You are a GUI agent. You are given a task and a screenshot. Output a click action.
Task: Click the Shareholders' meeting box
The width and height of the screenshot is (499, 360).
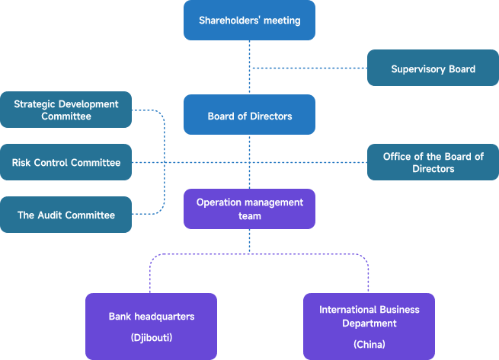click(249, 21)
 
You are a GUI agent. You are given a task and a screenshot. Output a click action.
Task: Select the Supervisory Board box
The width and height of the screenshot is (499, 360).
click(433, 69)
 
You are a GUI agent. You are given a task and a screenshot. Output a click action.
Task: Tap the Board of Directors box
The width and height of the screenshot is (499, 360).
click(249, 116)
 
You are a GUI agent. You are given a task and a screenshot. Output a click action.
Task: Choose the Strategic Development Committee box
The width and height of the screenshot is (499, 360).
click(66, 110)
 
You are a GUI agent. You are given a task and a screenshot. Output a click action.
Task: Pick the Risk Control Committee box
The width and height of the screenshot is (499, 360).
click(66, 162)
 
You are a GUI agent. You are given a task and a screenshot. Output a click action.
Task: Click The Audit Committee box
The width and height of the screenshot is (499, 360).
click(66, 215)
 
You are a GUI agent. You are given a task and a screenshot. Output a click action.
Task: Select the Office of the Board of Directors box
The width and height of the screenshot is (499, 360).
click(433, 162)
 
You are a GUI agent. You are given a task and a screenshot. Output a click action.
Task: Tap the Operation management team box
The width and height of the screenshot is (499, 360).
click(249, 209)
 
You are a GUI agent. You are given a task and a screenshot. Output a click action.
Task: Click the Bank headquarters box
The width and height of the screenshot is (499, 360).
click(151, 326)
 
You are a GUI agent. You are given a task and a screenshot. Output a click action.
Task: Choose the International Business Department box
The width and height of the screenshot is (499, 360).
click(369, 326)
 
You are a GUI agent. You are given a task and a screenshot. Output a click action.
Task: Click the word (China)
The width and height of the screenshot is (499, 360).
click(369, 344)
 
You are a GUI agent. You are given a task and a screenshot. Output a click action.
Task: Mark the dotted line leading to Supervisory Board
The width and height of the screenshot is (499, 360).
click(309, 69)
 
